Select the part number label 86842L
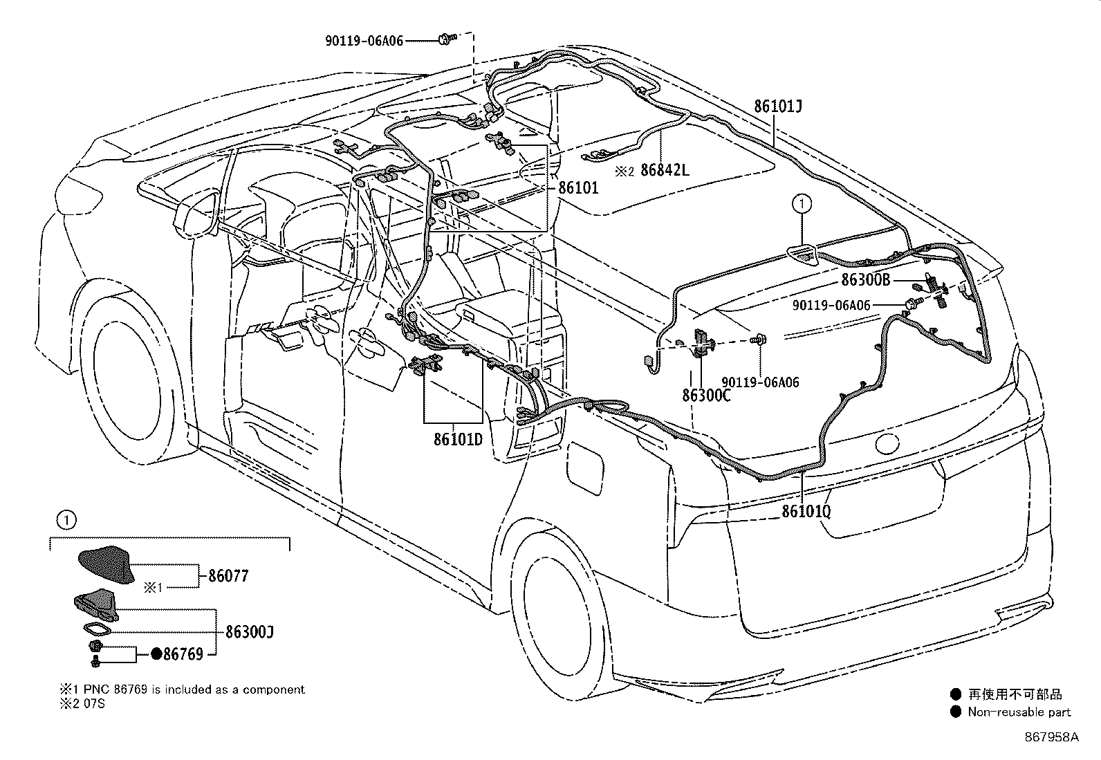pos(665,169)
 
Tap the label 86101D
pos(458,438)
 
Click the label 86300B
pos(866,280)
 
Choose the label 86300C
pos(706,395)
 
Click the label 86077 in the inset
pos(228,575)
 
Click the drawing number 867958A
pos(1051,737)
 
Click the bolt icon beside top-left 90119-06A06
pos(443,40)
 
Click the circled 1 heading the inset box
pos(63,519)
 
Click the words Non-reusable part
pos(1019,712)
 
